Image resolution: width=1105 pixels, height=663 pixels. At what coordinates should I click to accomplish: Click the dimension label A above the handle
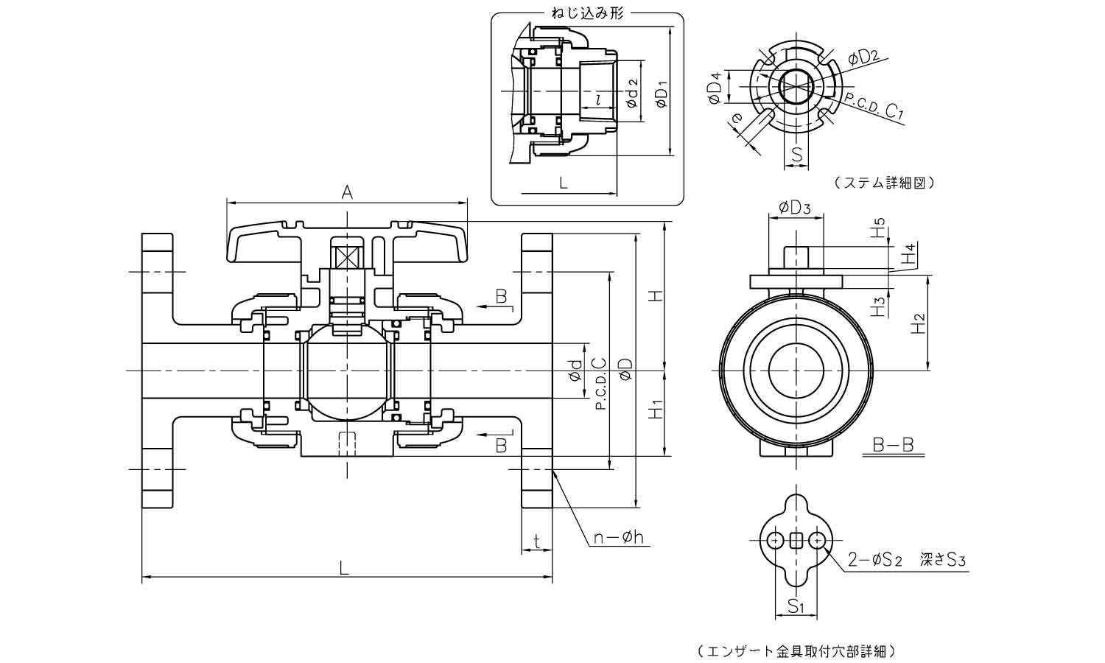coord(347,192)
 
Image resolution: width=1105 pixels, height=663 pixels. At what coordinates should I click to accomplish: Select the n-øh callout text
coord(619,539)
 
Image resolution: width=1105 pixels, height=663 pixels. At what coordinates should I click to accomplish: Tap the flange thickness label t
coord(537,541)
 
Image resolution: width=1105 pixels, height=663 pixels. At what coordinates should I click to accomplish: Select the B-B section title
coord(893,445)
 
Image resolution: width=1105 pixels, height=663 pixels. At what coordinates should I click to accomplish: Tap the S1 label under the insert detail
coord(794,607)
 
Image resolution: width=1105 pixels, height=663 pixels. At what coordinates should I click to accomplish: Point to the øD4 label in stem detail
coord(715,88)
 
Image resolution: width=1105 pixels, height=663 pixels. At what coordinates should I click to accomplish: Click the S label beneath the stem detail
coord(796,155)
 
